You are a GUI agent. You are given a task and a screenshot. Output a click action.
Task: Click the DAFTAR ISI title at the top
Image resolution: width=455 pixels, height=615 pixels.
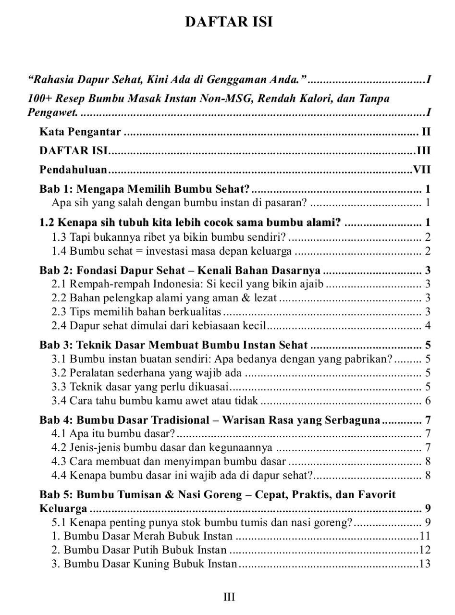click(229, 23)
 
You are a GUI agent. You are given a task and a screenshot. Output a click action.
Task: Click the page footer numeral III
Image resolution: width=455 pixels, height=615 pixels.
click(229, 597)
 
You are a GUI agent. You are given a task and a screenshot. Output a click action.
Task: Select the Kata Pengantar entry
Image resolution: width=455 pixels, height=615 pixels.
click(80, 132)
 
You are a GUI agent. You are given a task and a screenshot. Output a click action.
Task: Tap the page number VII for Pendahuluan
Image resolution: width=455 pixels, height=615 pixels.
click(421, 170)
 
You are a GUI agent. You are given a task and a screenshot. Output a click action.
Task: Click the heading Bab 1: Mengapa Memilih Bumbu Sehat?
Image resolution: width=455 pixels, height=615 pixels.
click(145, 188)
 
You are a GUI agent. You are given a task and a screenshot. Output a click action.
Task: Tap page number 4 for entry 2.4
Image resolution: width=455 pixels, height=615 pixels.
click(427, 326)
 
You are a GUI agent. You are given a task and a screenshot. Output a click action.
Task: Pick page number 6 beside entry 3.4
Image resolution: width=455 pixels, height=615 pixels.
click(427, 401)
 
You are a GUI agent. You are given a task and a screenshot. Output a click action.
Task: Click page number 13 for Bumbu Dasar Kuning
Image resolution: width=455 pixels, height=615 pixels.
click(425, 564)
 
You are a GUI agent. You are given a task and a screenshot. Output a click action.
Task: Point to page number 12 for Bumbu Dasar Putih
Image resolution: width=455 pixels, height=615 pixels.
click(425, 550)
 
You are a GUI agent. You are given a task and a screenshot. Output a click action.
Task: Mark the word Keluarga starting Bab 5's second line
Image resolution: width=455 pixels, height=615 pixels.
click(63, 508)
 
